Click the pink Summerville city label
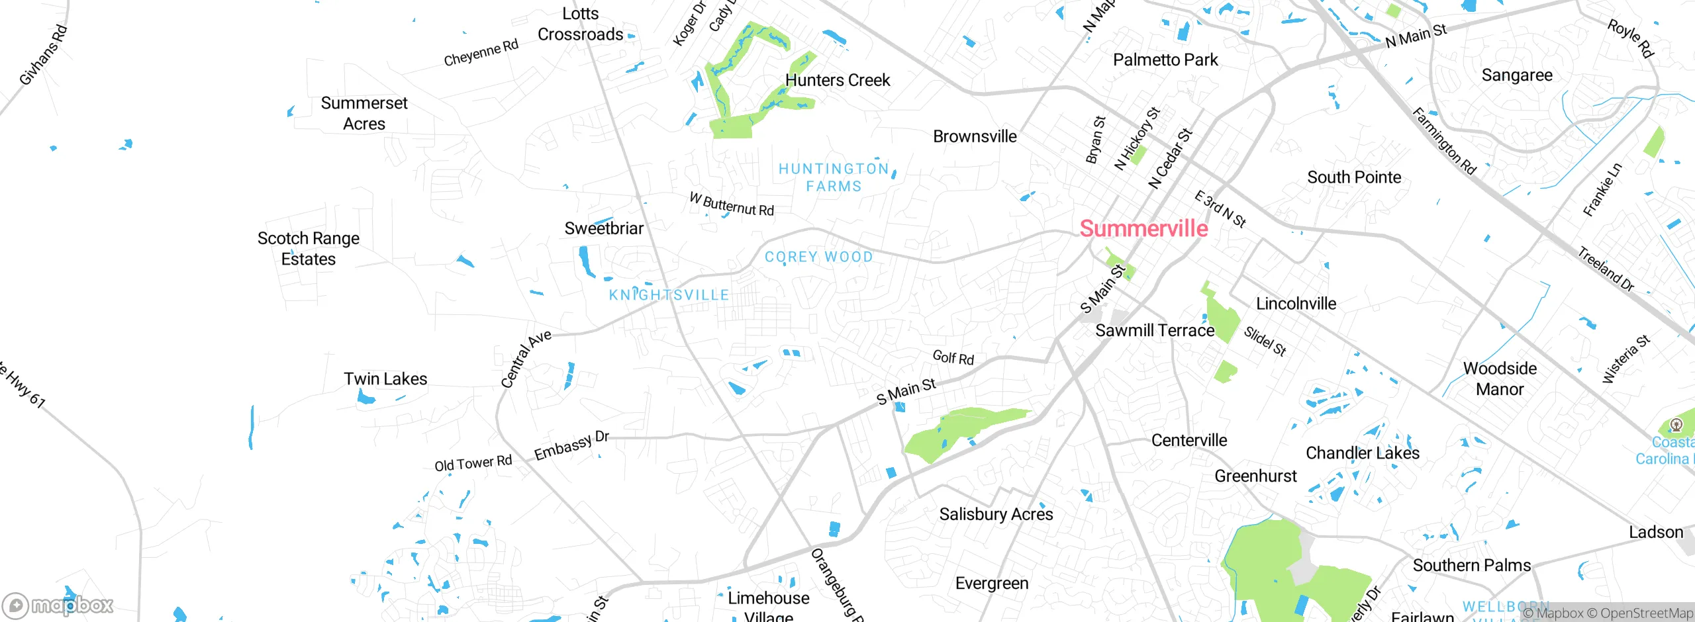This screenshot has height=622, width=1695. [x=1143, y=228]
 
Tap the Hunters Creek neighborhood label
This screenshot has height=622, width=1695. [x=838, y=80]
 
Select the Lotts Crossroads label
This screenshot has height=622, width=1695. [x=580, y=24]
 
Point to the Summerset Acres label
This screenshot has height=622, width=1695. [x=364, y=113]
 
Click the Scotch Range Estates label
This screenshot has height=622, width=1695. [x=309, y=248]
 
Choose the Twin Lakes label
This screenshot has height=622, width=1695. [x=385, y=378]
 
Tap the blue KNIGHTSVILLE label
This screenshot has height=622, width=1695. [x=669, y=295]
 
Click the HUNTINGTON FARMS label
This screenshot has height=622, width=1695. [x=834, y=177]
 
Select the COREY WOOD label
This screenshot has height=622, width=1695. [x=818, y=257]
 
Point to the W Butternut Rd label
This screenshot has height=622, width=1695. [x=732, y=204]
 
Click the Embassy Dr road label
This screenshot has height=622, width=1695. [x=571, y=445]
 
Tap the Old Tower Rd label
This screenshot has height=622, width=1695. [x=473, y=463]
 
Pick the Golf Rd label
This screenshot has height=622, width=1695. [x=953, y=358]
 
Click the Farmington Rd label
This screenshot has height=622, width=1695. [x=1444, y=141]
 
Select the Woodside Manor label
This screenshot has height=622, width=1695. [x=1500, y=378]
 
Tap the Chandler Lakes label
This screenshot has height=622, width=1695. [x=1362, y=453]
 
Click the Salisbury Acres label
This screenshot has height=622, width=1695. [x=996, y=514]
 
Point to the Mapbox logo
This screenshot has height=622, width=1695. [x=58, y=605]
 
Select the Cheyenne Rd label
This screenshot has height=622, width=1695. [x=481, y=52]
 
